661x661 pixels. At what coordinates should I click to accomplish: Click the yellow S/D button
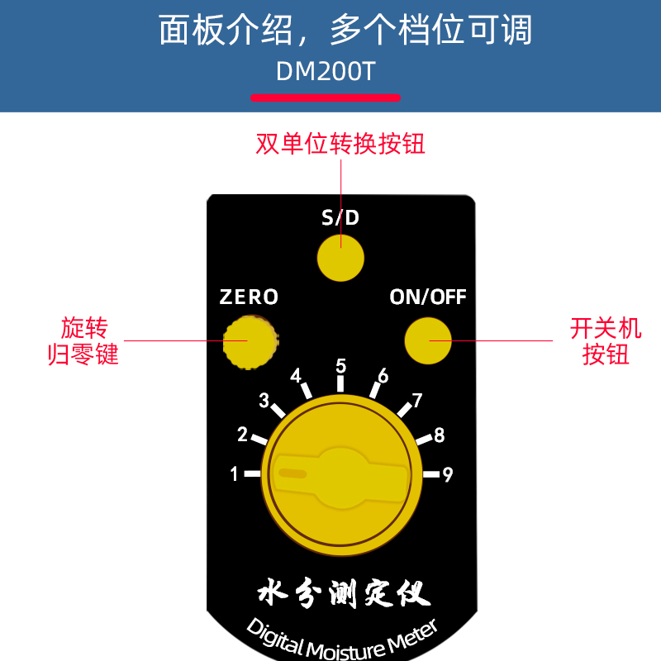click(340, 257)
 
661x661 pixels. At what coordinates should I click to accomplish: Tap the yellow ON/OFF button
click(428, 340)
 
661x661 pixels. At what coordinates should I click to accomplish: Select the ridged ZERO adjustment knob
click(250, 340)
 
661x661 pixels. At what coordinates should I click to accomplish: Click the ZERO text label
click(249, 297)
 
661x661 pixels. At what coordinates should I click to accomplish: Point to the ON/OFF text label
click(428, 297)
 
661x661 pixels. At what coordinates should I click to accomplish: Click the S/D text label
click(340, 219)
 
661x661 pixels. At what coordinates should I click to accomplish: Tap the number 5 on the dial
click(340, 365)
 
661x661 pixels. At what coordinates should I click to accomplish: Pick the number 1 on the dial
click(235, 474)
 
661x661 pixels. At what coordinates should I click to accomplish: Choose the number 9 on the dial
click(448, 474)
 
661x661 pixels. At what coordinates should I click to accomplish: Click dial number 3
click(264, 401)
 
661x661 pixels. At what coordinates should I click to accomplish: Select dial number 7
click(417, 401)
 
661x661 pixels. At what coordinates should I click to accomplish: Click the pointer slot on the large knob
click(292, 473)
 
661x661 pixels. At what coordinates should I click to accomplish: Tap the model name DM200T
click(326, 72)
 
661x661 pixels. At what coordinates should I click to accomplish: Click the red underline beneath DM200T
click(326, 97)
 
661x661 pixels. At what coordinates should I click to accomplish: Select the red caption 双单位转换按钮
click(340, 145)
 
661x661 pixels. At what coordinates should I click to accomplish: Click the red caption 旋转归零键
click(84, 341)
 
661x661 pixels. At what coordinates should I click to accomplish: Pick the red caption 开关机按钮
click(606, 341)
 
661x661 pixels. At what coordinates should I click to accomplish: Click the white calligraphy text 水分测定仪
click(340, 593)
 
